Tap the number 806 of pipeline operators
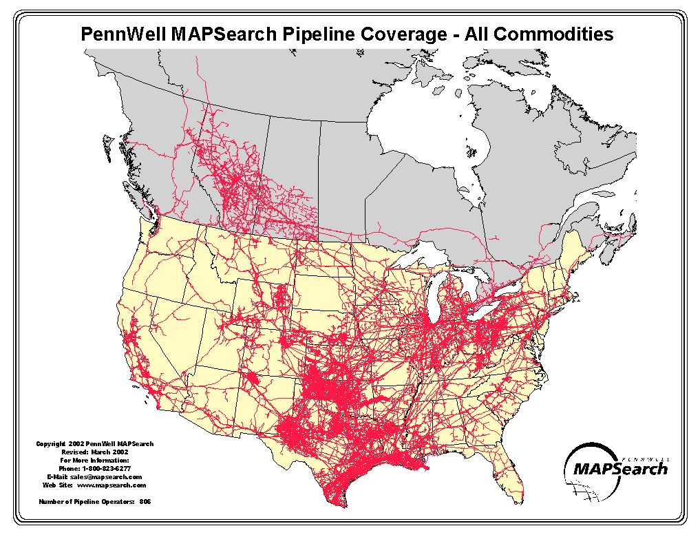(x=145, y=501)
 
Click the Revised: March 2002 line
(x=94, y=452)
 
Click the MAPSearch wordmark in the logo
(x=620, y=469)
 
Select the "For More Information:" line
(x=95, y=460)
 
